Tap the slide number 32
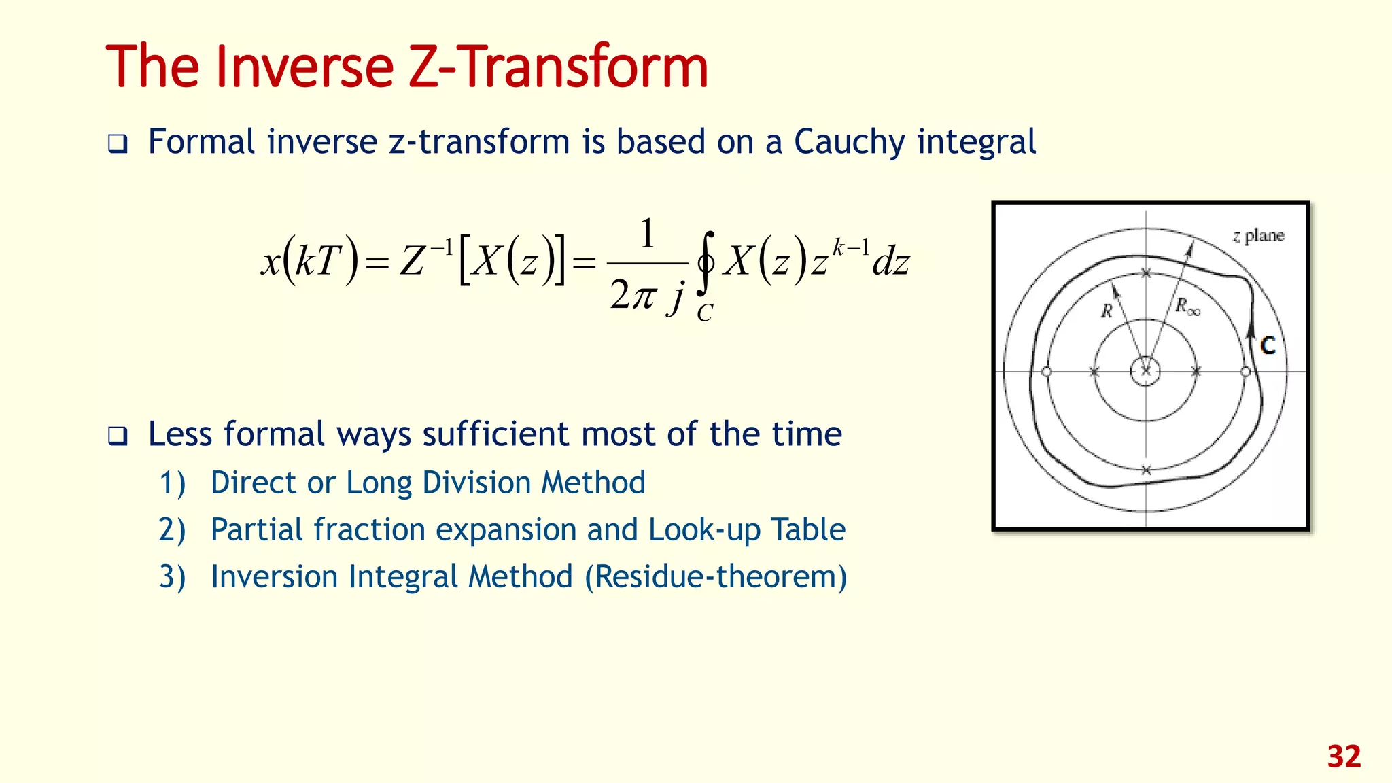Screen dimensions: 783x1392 1344,757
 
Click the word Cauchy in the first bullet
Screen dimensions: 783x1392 850,142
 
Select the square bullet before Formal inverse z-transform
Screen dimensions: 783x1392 118,144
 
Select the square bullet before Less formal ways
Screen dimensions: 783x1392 118,436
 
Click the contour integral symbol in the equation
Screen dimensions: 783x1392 706,262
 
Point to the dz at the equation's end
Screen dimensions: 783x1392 891,262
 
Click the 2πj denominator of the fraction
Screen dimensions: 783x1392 646,296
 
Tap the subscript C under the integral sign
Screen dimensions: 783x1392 705,313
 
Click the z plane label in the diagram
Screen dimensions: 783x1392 1258,236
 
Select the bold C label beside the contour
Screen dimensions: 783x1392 1268,346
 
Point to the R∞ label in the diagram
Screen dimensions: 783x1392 1188,307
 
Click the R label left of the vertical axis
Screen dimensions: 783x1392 1107,311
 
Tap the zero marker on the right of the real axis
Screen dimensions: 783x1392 1245,372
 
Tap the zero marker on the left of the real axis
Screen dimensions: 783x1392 1047,372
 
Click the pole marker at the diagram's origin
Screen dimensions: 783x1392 1146,371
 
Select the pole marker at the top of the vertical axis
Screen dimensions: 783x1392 1146,273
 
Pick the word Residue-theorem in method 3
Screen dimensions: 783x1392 715,577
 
